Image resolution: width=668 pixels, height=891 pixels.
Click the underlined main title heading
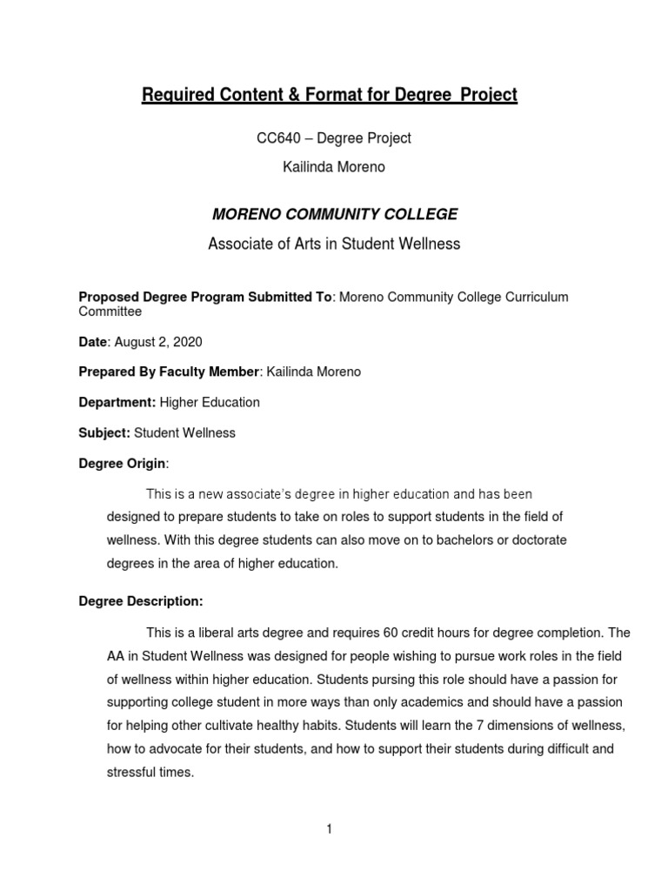coord(330,95)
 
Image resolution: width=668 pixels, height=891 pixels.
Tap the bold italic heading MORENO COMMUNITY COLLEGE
coord(334,214)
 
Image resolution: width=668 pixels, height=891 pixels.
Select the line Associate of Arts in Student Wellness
coord(334,245)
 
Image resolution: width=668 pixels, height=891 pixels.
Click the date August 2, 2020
coord(156,343)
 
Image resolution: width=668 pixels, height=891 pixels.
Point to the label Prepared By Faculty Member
coord(170,372)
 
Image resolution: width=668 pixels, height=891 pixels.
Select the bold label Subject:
coord(104,432)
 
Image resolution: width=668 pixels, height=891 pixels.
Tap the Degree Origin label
coord(122,463)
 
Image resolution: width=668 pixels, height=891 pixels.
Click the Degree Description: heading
coord(141,601)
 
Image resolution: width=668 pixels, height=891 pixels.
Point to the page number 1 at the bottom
coord(330,829)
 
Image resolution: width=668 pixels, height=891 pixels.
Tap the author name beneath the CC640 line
coord(334,167)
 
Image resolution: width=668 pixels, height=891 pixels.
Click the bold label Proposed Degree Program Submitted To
coord(205,297)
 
